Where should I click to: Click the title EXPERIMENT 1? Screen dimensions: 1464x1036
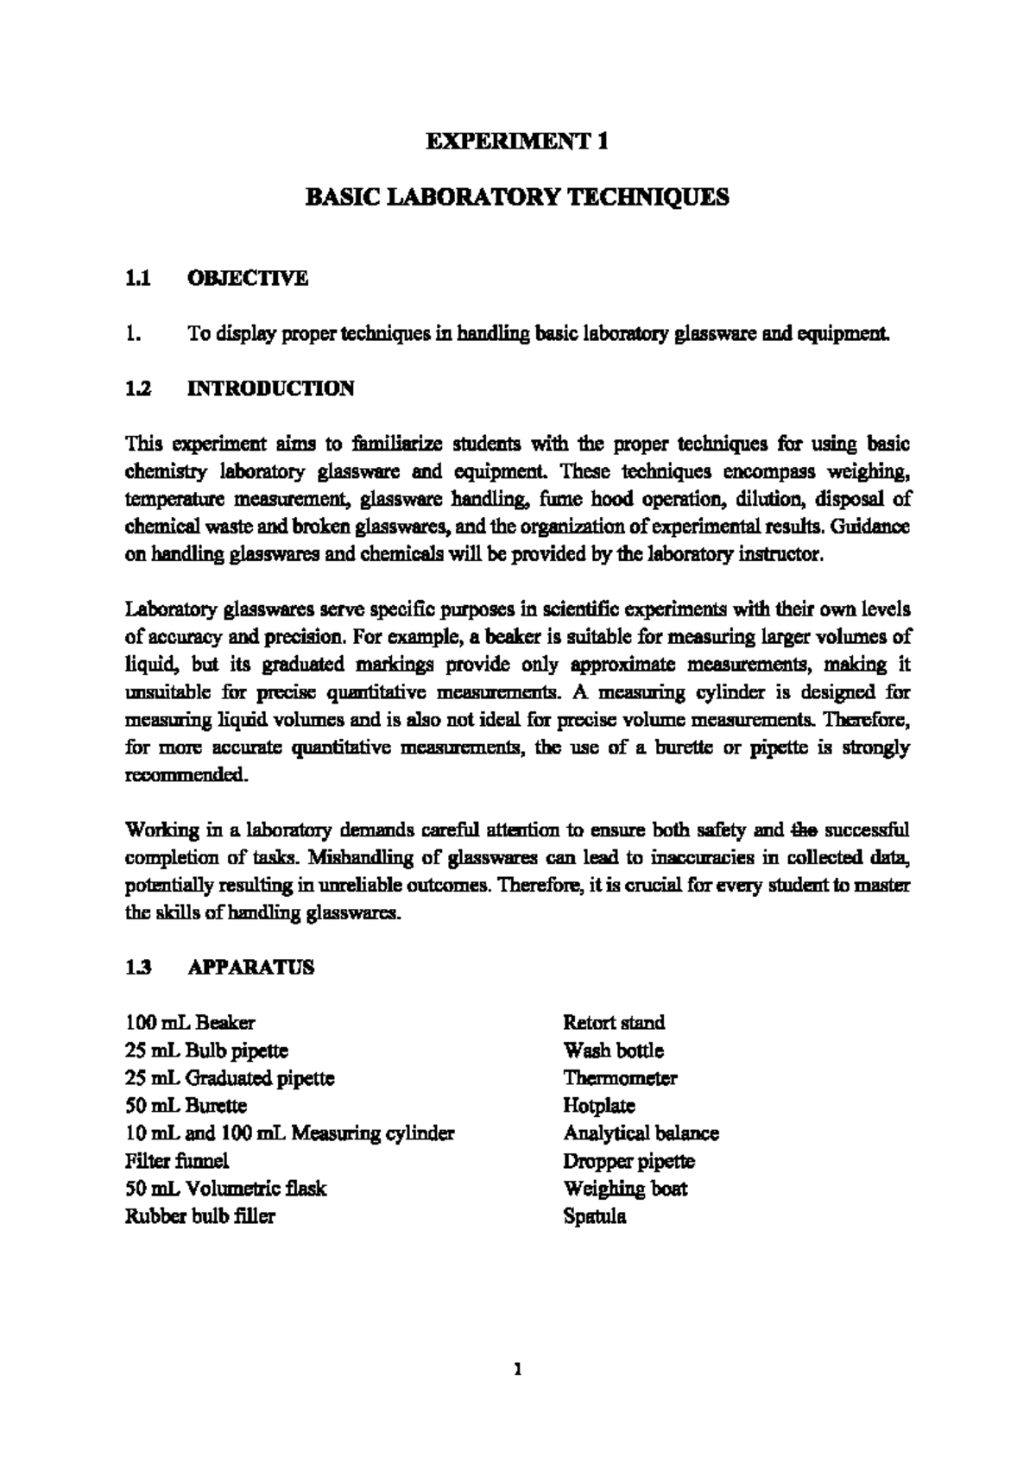point(518,142)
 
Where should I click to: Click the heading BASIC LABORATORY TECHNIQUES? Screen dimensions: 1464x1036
point(518,198)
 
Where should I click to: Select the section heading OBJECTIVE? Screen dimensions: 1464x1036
point(247,278)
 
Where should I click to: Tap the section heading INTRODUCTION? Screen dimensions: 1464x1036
point(270,388)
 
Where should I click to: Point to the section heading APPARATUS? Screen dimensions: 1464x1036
point(250,968)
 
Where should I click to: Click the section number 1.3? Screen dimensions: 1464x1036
point(139,968)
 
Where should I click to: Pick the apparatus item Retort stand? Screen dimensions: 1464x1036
point(614,1023)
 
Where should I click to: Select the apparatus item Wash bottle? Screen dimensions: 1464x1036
point(613,1051)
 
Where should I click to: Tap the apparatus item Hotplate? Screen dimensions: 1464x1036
point(598,1106)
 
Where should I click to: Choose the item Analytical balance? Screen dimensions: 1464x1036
point(641,1133)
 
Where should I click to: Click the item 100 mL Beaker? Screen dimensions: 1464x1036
point(190,1023)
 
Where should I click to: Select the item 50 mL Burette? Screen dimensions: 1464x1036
point(186,1106)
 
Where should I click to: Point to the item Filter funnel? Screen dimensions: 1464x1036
point(177,1161)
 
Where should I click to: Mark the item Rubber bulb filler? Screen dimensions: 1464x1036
point(200,1216)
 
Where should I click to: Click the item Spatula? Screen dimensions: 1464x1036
point(594,1217)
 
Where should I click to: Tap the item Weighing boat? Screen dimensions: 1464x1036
point(625,1189)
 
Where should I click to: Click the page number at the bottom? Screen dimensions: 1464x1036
point(517,1369)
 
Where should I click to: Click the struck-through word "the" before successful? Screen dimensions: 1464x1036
point(804,830)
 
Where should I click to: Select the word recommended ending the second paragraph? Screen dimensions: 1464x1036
point(186,775)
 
